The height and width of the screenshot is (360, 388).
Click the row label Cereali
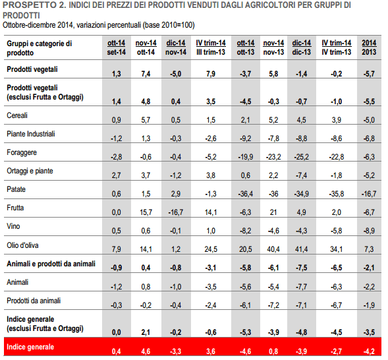click(17, 115)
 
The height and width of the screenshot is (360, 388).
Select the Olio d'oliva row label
click(22, 245)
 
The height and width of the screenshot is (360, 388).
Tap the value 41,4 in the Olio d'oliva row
click(302, 249)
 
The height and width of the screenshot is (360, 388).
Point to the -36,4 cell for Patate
click(246, 194)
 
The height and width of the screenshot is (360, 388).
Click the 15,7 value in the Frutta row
click(146, 212)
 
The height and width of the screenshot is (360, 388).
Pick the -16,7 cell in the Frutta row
click(176, 212)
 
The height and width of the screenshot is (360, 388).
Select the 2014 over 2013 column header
click(369, 47)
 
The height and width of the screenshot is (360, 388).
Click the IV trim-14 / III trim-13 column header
click(211, 47)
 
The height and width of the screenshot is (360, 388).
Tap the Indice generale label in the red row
click(30, 347)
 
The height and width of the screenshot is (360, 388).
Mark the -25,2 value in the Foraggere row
click(302, 157)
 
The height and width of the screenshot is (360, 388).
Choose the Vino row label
click(13, 226)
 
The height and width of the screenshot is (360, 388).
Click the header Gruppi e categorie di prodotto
click(39, 48)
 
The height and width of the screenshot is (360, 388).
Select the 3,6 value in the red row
click(211, 351)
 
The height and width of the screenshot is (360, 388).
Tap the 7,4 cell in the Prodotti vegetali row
click(146, 74)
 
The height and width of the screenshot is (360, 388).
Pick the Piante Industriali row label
click(31, 134)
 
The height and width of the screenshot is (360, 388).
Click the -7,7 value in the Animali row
click(302, 287)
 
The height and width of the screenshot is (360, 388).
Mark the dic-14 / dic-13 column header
click(302, 47)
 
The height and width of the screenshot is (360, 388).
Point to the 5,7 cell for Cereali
click(146, 120)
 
